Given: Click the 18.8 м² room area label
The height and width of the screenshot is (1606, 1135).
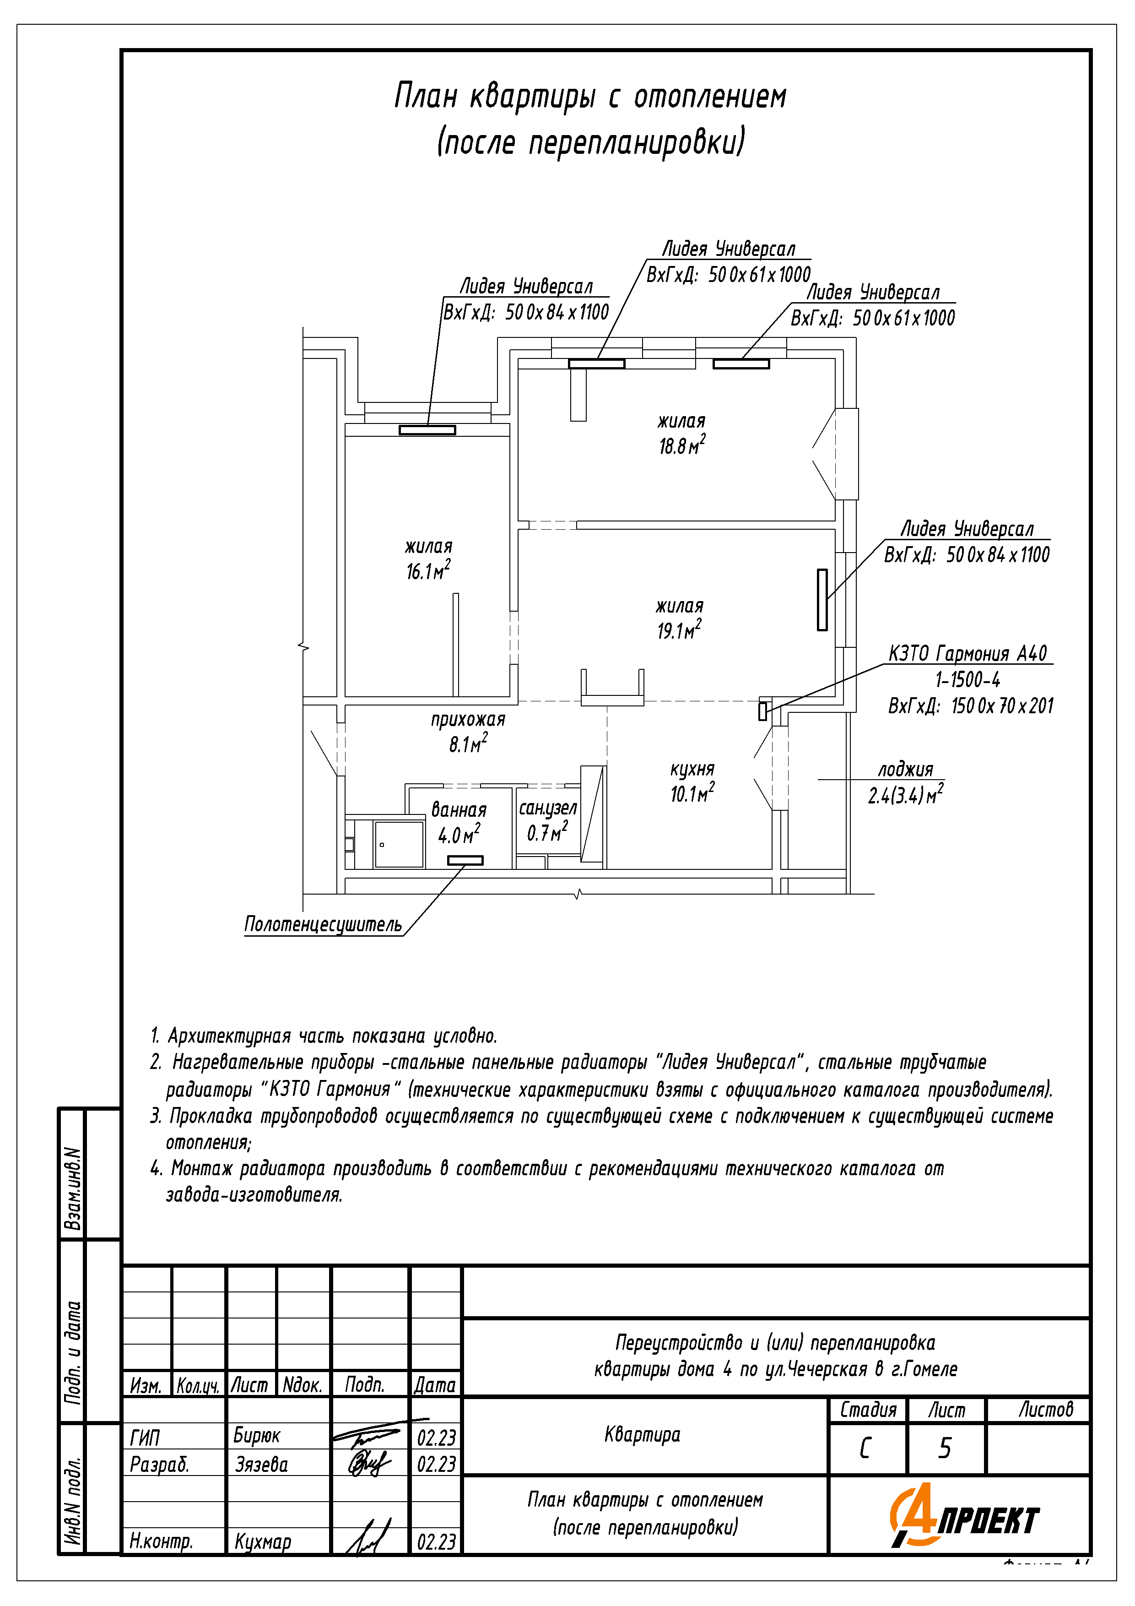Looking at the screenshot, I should pos(682,445).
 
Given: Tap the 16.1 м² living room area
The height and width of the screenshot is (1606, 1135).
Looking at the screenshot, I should pos(428,571).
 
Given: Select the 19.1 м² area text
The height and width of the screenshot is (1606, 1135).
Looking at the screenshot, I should pos(678,630).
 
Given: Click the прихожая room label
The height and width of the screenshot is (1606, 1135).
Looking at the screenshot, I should pos(468,719).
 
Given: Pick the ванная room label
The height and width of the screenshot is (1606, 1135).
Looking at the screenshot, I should pos(459,810).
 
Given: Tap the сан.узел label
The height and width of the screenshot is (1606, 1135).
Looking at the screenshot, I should pos(547,808).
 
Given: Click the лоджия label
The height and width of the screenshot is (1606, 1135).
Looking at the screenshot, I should pos(906,770).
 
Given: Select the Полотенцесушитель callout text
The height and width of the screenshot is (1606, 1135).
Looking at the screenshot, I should pos(323,925).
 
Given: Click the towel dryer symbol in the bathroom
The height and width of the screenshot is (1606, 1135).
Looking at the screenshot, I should pos(465,860).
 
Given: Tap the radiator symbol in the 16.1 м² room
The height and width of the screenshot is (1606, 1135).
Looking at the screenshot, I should pos(427,430).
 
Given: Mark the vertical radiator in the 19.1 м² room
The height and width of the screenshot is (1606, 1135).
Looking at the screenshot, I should pos(822,599).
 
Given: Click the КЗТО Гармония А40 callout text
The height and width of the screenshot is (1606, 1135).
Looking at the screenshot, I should pos(968,653).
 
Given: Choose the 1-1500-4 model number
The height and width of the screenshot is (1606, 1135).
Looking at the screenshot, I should pos(968,679).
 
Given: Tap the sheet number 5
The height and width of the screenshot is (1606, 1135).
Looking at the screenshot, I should pos(945,1448).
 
